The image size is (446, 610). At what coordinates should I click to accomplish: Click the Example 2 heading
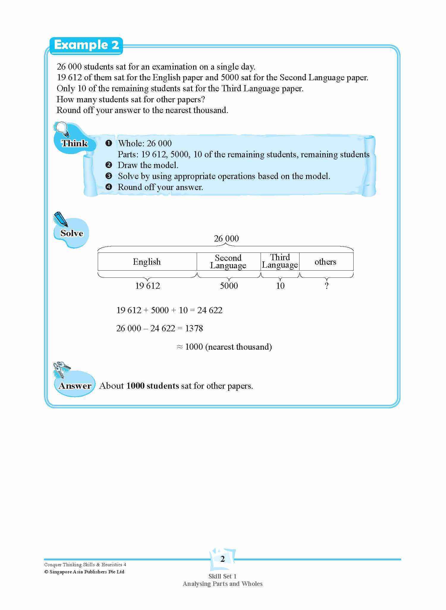pos(86,45)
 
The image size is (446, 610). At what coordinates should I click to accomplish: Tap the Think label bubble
pos(74,143)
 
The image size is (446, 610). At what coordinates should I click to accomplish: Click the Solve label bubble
pos(72,233)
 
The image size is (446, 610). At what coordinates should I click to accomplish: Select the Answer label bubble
pos(75,386)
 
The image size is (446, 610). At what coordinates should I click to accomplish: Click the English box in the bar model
pos(147,262)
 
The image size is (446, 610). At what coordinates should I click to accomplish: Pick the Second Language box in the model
pos(228,262)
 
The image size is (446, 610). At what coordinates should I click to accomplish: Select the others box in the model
pos(326,262)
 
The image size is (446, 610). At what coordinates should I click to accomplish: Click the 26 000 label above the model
pos(226,239)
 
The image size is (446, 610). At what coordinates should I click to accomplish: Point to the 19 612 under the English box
pos(148,286)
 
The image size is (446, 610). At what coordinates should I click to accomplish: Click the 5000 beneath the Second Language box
pos(229,286)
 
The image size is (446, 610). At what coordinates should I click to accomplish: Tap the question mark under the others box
pos(327,286)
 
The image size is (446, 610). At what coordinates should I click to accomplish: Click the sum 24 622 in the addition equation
pos(210,310)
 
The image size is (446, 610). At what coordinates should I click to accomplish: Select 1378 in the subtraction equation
pos(194,328)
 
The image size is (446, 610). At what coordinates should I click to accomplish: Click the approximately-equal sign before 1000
pos(179,347)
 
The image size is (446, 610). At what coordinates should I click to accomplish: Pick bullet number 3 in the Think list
pos(109,176)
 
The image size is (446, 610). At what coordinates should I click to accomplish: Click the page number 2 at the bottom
pos(223,559)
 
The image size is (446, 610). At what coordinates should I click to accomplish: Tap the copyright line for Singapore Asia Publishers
pos(84,572)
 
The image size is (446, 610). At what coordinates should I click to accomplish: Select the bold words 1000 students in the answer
pos(152,386)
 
